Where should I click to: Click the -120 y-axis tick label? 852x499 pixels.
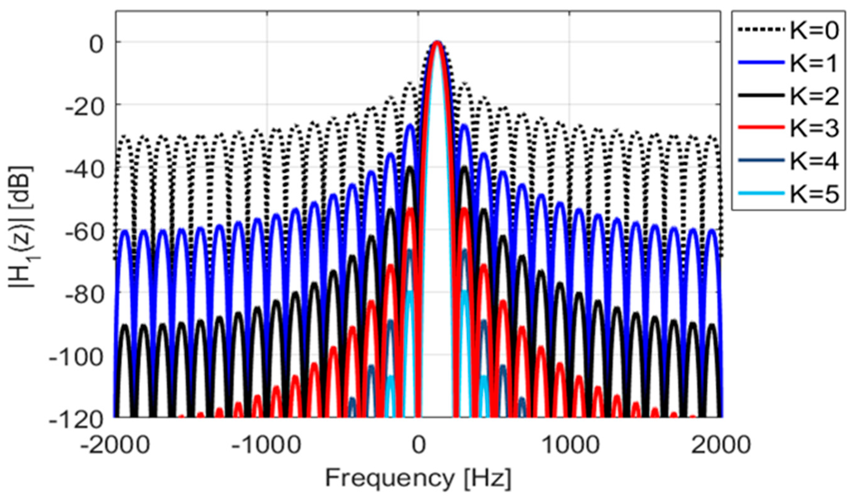click(x=77, y=420)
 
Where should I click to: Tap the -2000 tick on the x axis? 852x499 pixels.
click(x=115, y=446)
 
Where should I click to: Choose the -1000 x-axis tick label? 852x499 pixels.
click(x=267, y=446)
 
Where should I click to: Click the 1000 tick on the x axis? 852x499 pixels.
click(x=570, y=446)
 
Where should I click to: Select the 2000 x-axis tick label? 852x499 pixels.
click(x=721, y=446)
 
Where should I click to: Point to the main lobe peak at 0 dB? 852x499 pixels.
click(x=437, y=42)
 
